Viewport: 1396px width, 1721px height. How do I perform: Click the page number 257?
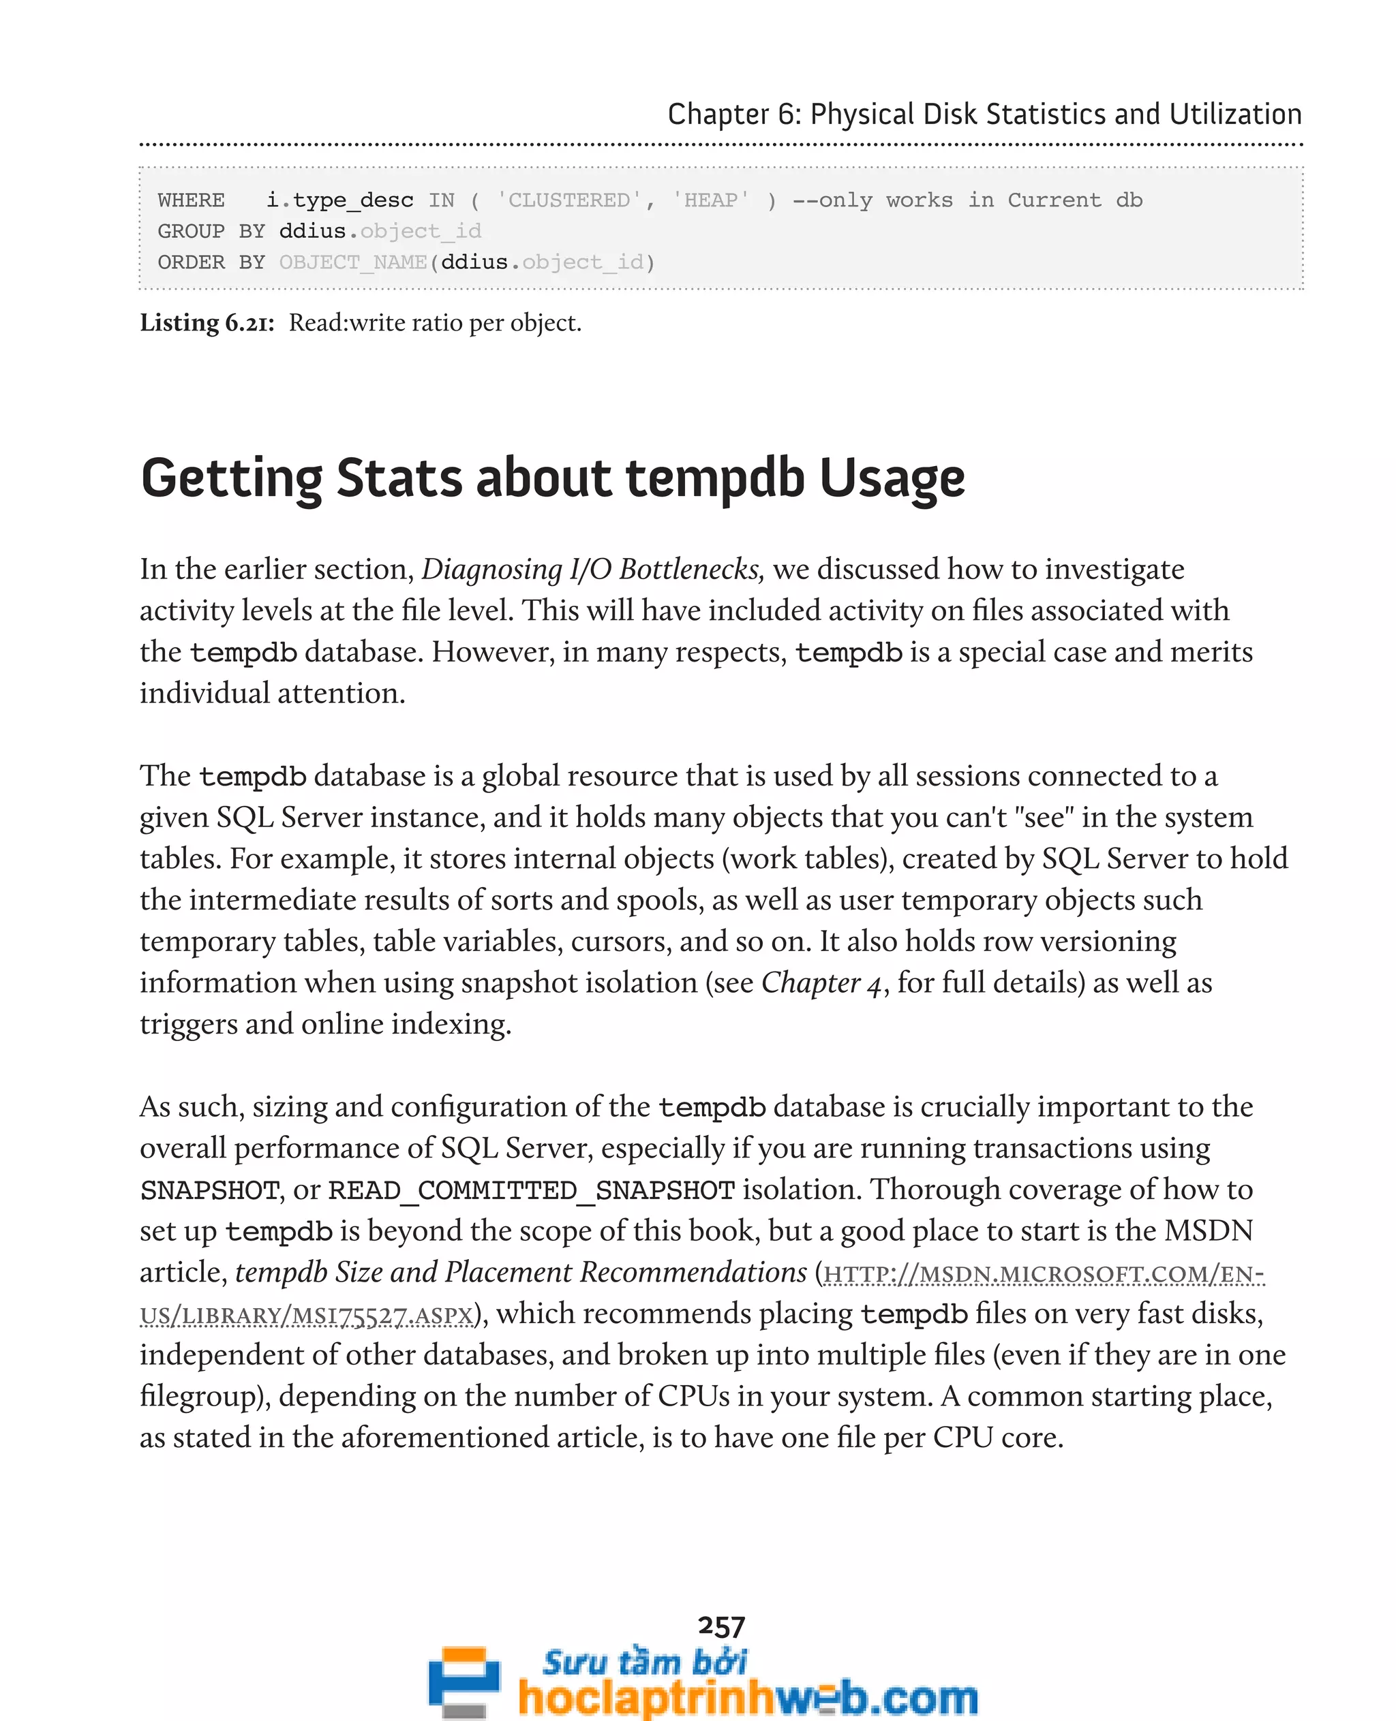click(721, 1626)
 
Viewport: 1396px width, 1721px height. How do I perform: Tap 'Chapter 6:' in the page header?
click(734, 114)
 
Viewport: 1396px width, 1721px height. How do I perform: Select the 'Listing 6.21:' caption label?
click(207, 322)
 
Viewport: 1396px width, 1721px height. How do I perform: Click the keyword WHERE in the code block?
click(191, 200)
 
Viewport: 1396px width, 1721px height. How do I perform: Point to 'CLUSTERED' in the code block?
click(568, 200)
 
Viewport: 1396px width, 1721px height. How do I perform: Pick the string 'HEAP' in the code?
click(711, 200)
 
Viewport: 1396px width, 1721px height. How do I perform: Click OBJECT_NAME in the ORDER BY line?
click(353, 263)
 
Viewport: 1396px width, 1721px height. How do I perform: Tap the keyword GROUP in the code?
click(191, 232)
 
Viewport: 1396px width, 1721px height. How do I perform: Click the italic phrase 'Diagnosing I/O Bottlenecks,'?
click(592, 569)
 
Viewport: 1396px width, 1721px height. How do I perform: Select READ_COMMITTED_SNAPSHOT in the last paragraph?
click(532, 1190)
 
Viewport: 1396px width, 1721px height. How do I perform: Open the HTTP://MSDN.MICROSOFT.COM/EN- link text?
click(1044, 1274)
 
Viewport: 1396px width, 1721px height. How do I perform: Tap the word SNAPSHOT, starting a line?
click(209, 1190)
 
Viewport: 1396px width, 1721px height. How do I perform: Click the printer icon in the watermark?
click(464, 1680)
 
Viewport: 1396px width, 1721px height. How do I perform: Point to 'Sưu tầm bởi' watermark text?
click(644, 1662)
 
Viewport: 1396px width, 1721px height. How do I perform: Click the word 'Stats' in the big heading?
click(399, 478)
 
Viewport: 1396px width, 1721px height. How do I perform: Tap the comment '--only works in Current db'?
click(967, 200)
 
